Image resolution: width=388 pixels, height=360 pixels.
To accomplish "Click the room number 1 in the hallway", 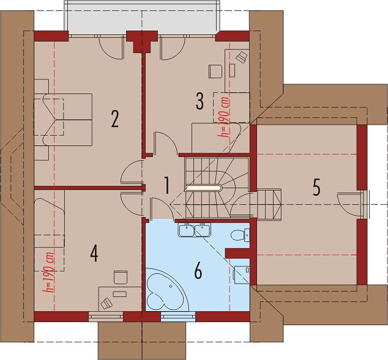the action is (167, 185).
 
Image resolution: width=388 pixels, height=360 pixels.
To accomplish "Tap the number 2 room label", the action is (114, 119).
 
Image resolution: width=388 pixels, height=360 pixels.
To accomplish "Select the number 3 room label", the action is (200, 101).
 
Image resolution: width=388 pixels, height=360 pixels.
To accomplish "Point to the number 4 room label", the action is (94, 254).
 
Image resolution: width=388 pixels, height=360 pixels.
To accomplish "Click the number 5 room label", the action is (316, 187).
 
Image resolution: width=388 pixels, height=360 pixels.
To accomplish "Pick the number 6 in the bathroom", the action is (198, 271).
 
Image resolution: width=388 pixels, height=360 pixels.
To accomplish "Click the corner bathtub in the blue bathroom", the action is (167, 290).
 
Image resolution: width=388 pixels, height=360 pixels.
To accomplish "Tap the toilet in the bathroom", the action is (240, 235).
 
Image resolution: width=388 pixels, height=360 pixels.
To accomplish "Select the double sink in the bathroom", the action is (194, 230).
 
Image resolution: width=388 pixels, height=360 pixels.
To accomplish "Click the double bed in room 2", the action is (63, 120).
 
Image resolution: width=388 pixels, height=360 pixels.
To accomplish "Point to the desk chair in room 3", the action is (215, 72).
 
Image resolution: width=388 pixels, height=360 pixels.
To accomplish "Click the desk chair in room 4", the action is (121, 277).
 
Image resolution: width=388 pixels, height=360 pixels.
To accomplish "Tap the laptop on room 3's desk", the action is (242, 57).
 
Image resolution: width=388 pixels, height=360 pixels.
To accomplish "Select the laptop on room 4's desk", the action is (106, 303).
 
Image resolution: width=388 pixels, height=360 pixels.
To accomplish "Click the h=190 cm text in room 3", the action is (225, 117).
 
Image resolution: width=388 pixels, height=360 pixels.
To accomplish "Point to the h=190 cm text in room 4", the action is (48, 272).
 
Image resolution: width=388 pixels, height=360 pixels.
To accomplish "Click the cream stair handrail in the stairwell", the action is (204, 188).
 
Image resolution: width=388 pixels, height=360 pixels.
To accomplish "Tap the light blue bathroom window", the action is (178, 317).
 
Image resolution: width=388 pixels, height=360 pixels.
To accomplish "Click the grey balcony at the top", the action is (142, 18).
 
